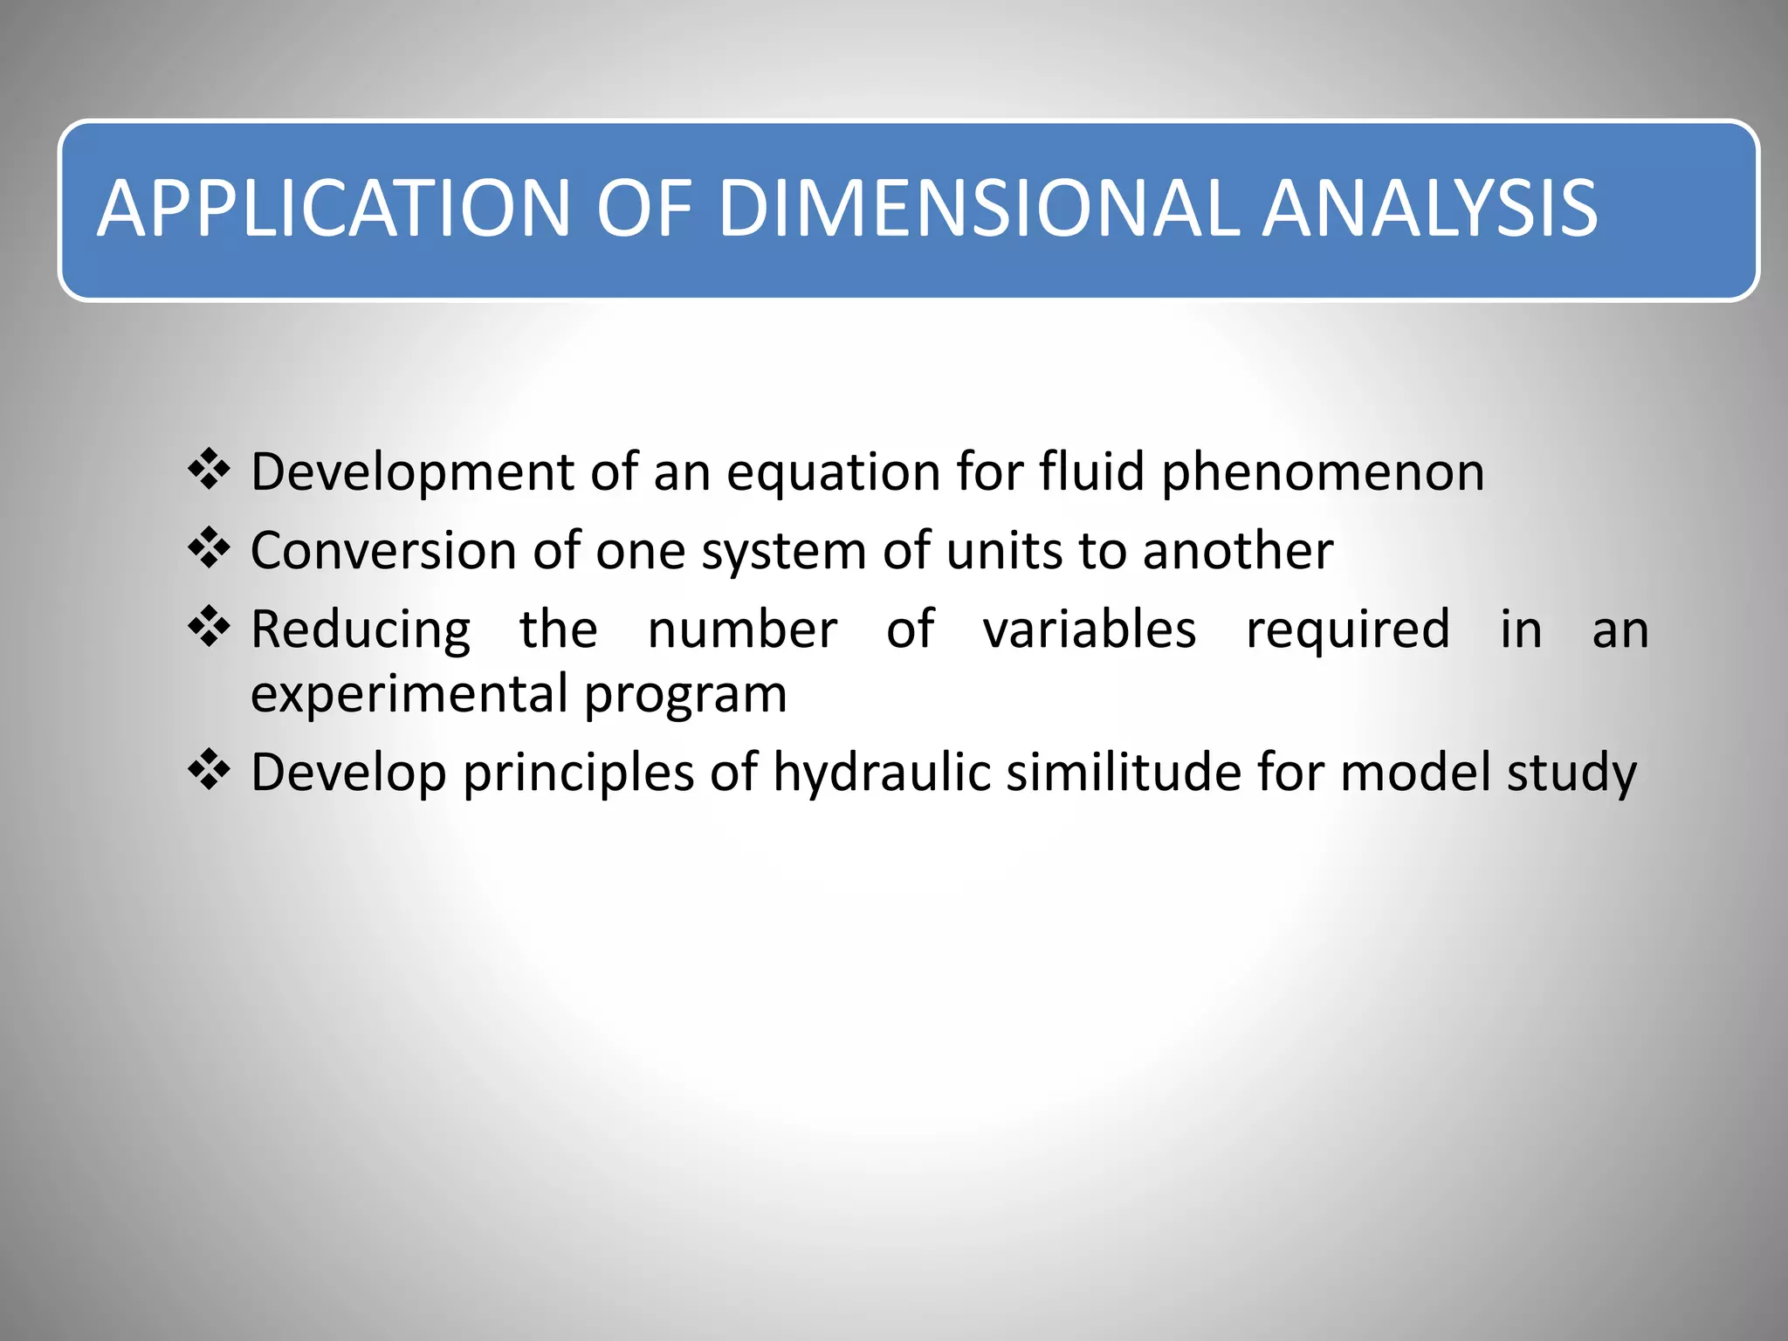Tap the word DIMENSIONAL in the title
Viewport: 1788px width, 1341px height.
[978, 209]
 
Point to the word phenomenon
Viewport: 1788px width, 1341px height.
[1322, 474]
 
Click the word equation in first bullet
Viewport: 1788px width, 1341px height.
[833, 474]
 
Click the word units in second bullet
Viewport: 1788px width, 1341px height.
[1003, 551]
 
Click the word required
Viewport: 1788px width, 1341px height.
[1347, 630]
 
